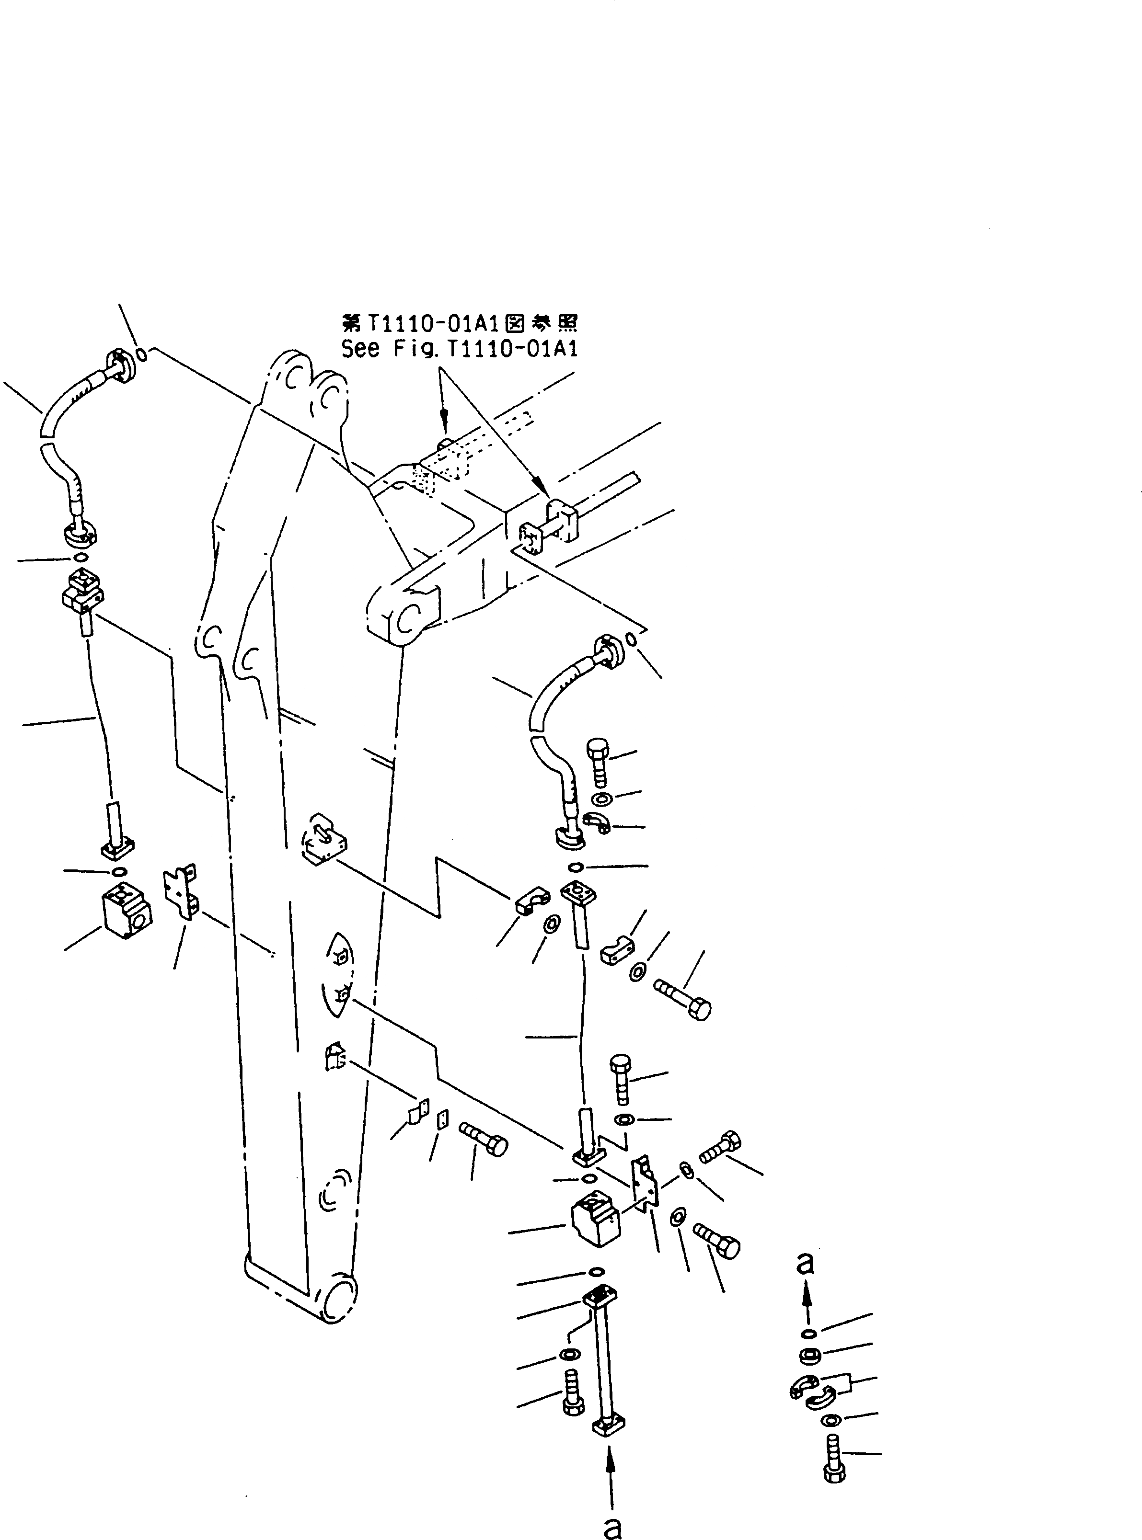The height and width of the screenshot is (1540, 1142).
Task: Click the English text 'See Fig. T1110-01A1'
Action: [459, 349]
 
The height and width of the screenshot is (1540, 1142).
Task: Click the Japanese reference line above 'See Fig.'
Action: [459, 323]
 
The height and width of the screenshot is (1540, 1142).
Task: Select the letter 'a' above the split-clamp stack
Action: [805, 1263]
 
